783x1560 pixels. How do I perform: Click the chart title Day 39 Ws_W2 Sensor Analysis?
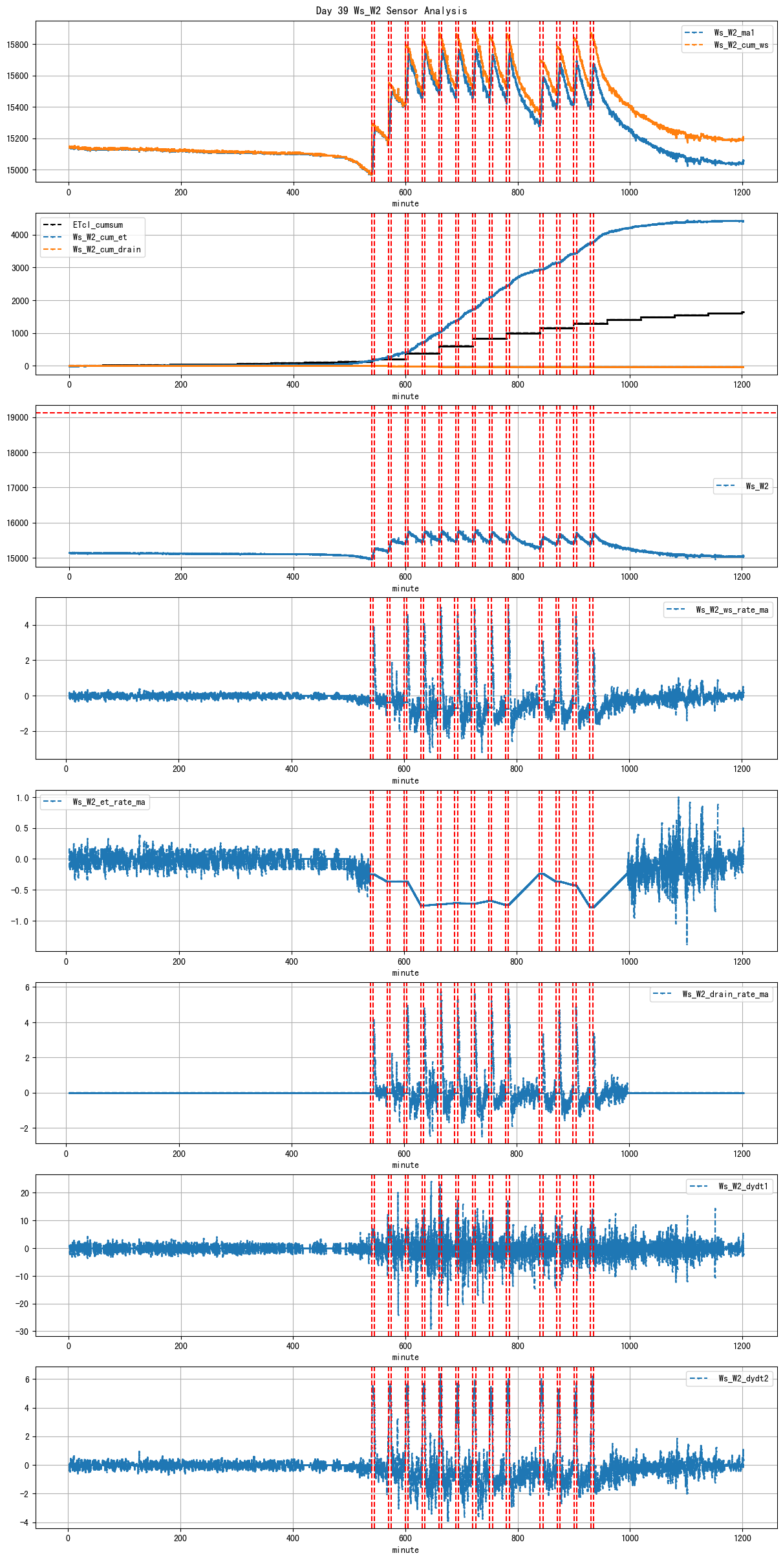[391, 10]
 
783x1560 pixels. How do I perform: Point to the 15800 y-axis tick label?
[17, 45]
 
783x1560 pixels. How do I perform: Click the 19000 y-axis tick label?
[17, 418]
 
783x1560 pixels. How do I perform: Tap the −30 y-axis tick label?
[22, 1332]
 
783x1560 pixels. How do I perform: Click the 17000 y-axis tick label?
[17, 488]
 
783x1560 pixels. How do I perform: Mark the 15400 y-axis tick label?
[17, 107]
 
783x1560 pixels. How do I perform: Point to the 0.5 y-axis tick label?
[23, 828]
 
